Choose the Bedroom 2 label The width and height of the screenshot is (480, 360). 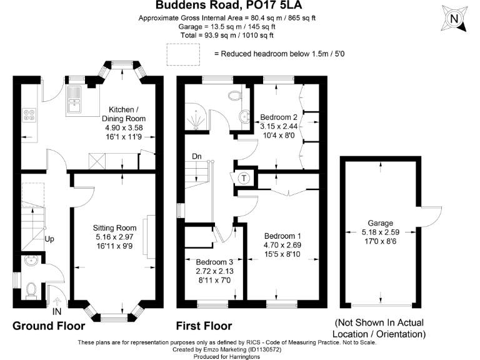click(279, 117)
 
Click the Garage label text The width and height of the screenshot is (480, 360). click(380, 223)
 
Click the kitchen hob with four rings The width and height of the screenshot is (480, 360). click(30, 115)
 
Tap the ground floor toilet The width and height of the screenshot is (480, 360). click(31, 289)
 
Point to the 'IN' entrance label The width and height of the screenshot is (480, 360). click(57, 311)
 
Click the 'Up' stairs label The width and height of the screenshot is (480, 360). click(49, 239)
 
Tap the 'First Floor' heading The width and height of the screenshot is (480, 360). click(204, 326)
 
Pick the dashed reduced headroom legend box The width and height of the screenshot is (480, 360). click(180, 54)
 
